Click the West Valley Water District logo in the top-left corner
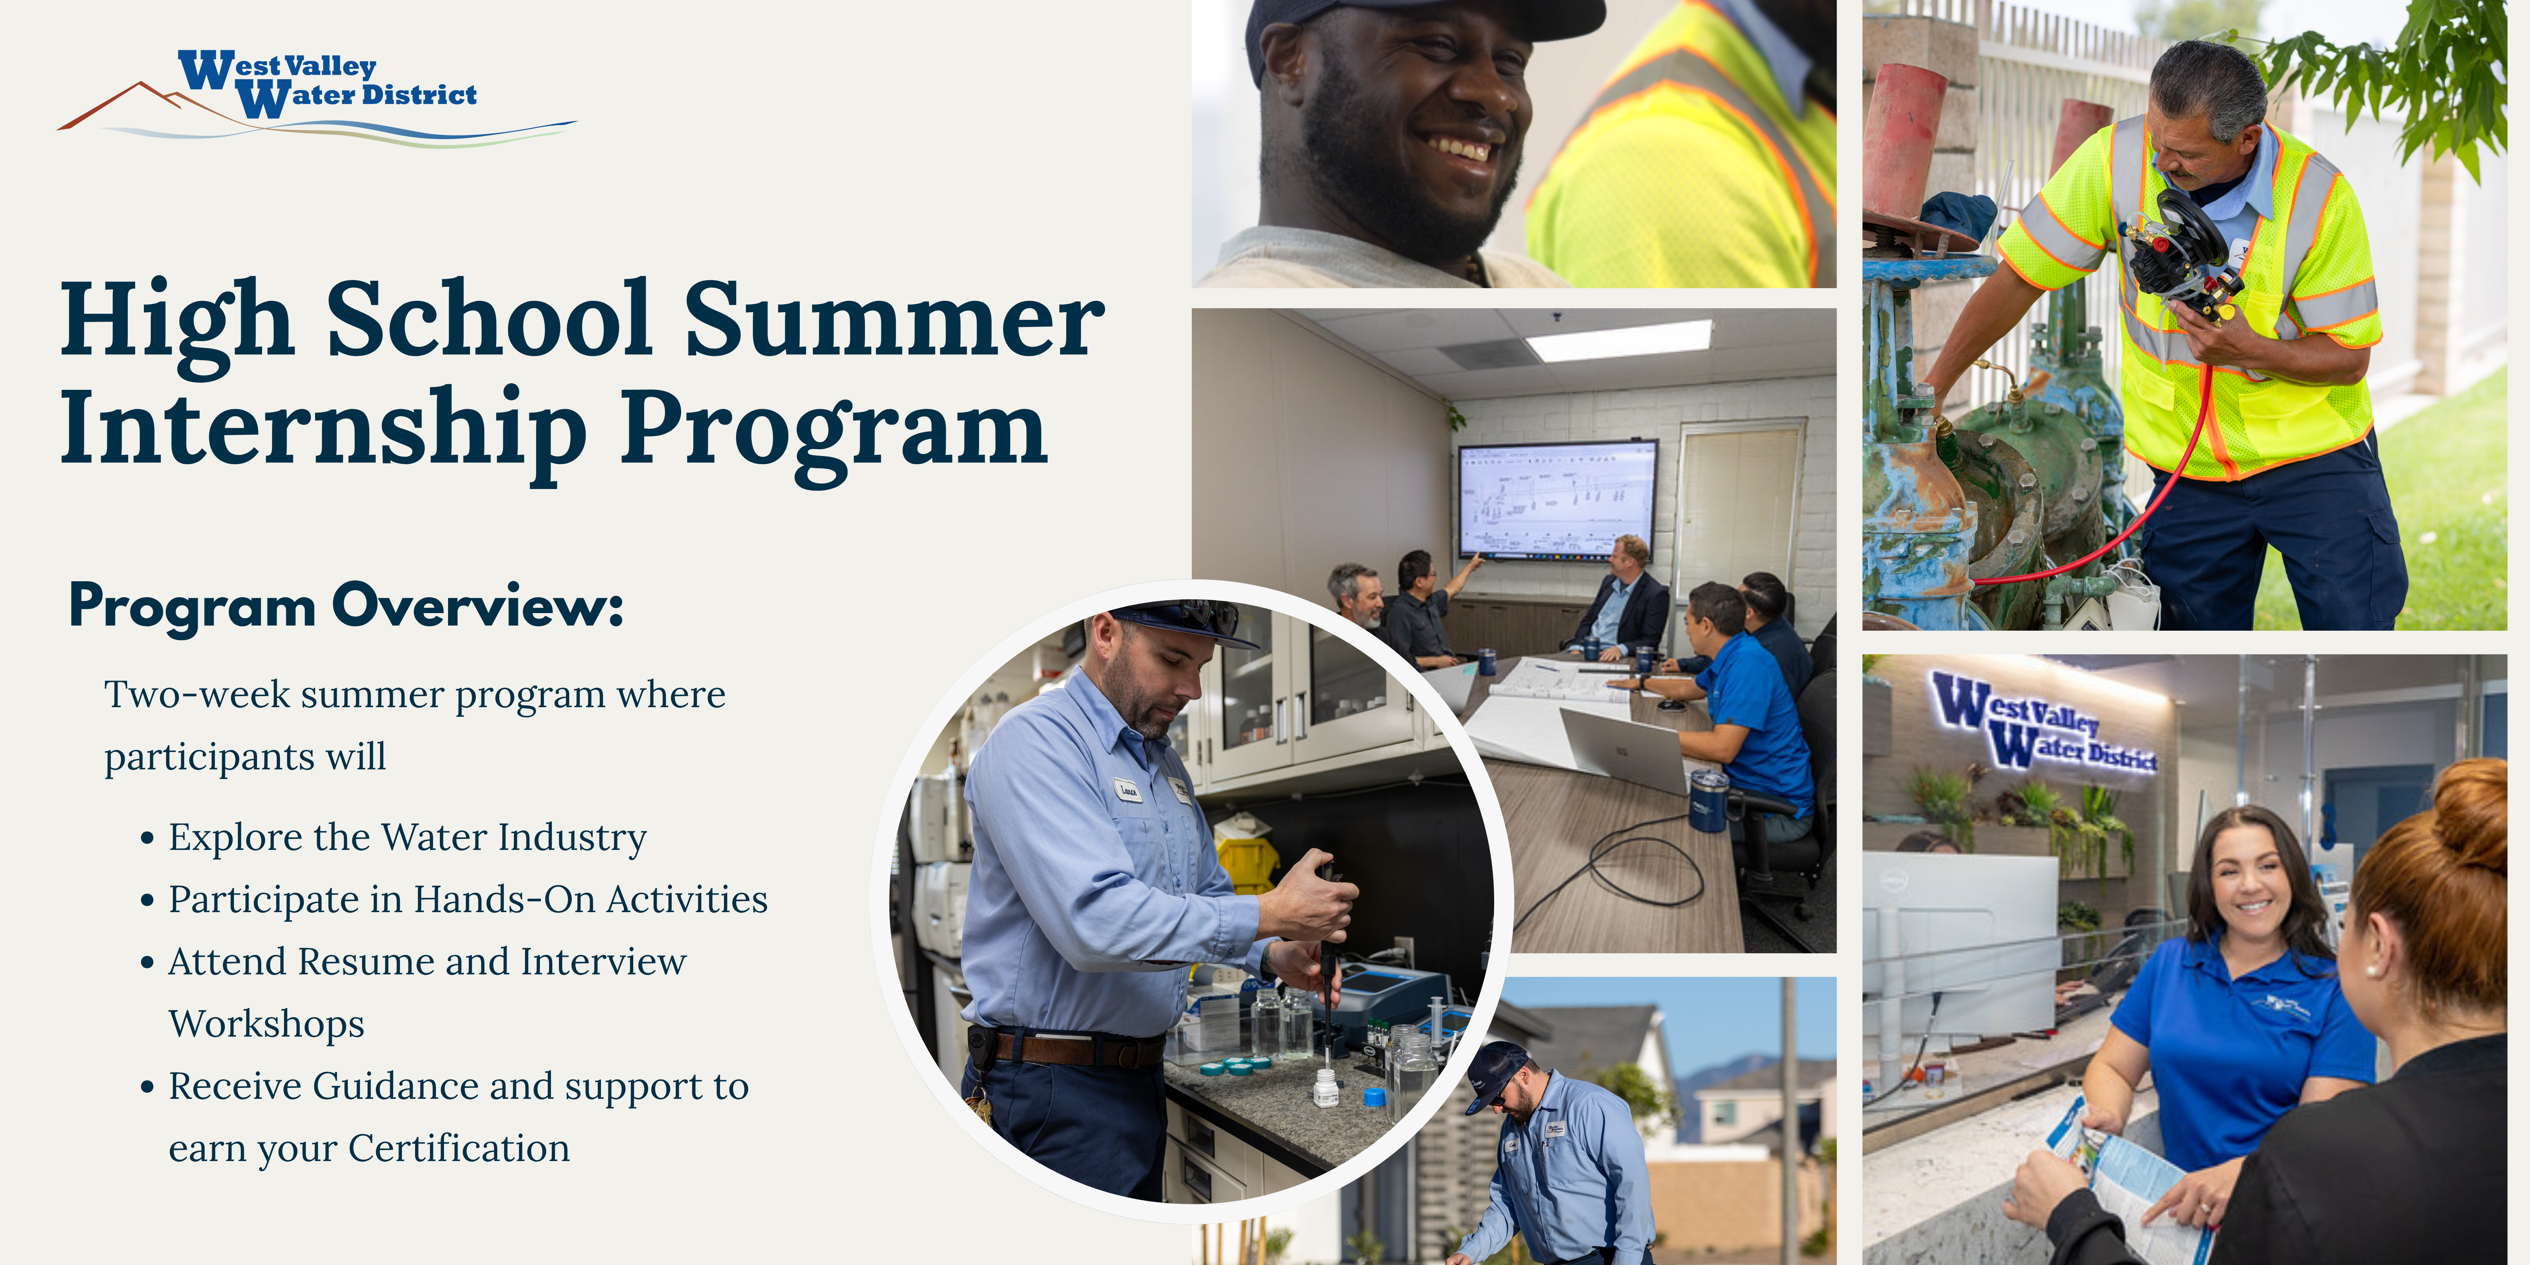tap(316, 96)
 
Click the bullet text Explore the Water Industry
tap(408, 838)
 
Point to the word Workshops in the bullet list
tap(266, 1025)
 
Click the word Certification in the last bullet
tap(459, 1148)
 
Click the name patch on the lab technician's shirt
tap(1127, 789)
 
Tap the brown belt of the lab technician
tap(1071, 1049)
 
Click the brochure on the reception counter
tap(2126, 1179)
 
